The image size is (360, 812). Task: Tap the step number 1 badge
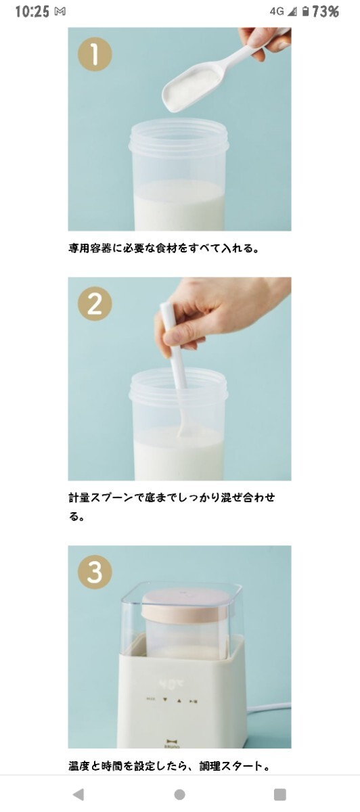(x=95, y=54)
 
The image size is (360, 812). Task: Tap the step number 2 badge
(x=95, y=304)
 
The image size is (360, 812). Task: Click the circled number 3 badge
(x=95, y=572)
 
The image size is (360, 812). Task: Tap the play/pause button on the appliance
(x=194, y=702)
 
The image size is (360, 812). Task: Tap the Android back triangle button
(x=78, y=794)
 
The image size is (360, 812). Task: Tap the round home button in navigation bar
(x=180, y=794)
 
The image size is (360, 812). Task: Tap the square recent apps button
(x=280, y=794)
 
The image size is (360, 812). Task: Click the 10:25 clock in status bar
(x=32, y=12)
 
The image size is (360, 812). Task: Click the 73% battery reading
(x=326, y=12)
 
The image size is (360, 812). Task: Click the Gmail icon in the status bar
(x=60, y=12)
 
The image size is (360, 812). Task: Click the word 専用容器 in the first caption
(x=90, y=248)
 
